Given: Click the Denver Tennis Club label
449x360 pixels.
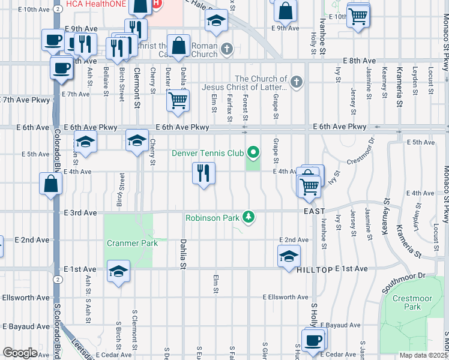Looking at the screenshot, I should pyautogui.click(x=208, y=153).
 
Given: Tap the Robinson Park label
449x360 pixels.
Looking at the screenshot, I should pyautogui.click(x=212, y=218).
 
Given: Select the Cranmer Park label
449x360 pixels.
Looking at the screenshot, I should pyautogui.click(x=132, y=243).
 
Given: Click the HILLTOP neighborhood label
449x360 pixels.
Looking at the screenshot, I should pyautogui.click(x=315, y=270).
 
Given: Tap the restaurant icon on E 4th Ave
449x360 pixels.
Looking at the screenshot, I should pyautogui.click(x=203, y=174).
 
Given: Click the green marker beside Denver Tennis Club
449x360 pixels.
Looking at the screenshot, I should pyautogui.click(x=253, y=153).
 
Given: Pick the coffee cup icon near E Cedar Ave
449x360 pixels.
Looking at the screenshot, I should pyautogui.click(x=312, y=341).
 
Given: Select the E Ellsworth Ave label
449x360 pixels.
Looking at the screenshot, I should pyautogui.click(x=285, y=297).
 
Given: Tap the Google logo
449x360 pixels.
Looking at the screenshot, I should pyautogui.click(x=20, y=353).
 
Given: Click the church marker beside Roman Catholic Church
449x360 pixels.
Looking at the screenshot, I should pyautogui.click(x=226, y=49).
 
